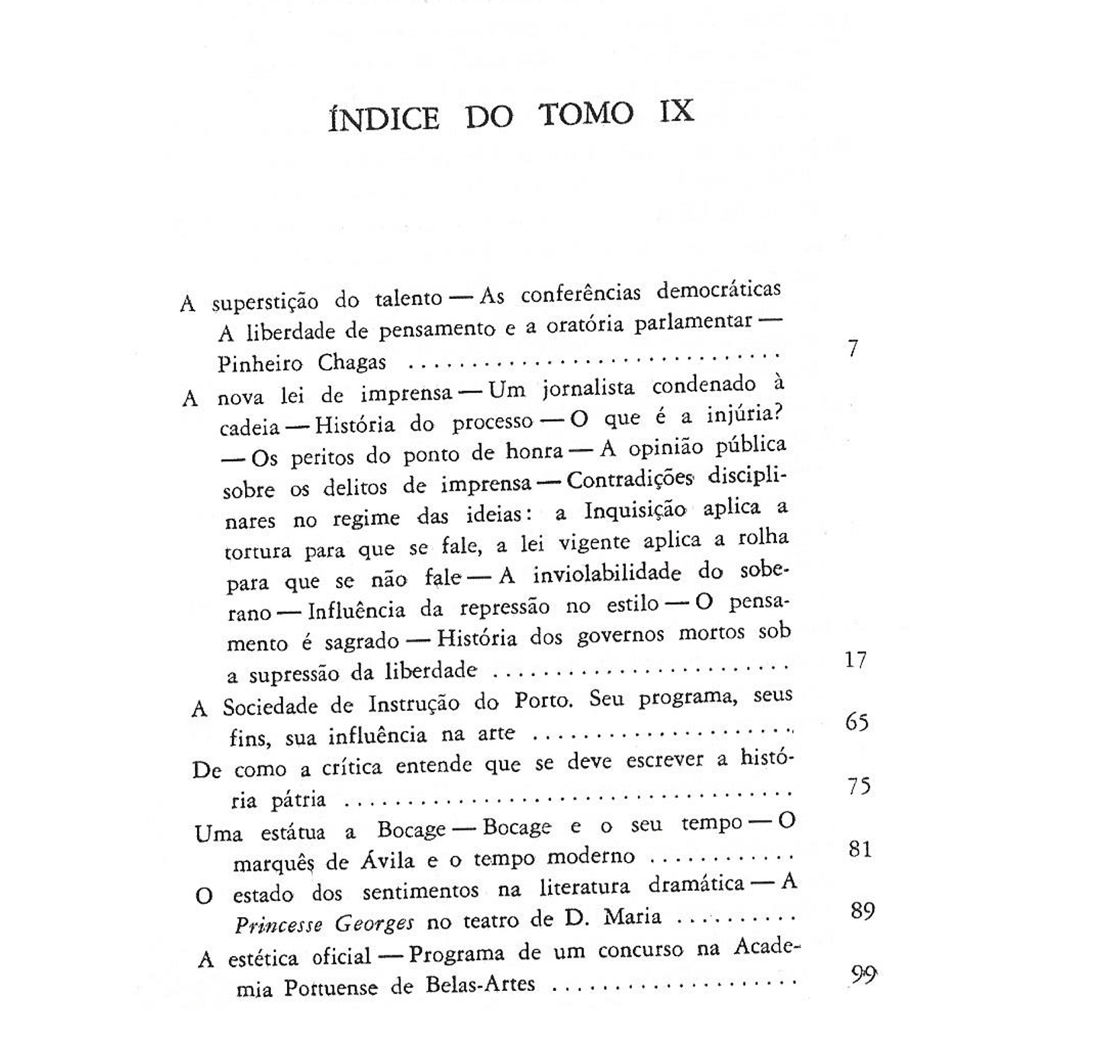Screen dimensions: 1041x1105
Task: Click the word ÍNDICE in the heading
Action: [x=384, y=118]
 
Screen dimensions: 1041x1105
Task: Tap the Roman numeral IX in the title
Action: [x=677, y=111]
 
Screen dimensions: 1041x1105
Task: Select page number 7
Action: [x=853, y=348]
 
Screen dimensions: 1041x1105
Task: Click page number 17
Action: [x=855, y=660]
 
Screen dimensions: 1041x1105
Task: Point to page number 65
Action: [x=857, y=722]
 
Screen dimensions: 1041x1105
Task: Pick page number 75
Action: [x=859, y=786]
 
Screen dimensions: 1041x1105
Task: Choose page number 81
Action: [x=860, y=849]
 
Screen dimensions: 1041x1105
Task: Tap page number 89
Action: [x=863, y=911]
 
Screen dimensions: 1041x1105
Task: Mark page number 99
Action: [x=864, y=974]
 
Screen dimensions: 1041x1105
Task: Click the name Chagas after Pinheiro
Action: [x=352, y=363]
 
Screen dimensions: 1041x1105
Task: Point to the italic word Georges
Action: [x=374, y=923]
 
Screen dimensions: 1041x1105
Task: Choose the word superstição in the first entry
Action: [x=265, y=302]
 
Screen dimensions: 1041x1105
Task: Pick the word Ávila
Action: [x=387, y=862]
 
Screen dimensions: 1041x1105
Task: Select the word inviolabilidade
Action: [x=606, y=574]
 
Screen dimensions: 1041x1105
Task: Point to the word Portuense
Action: [x=331, y=988]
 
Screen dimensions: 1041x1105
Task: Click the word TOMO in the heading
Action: [x=585, y=114]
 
